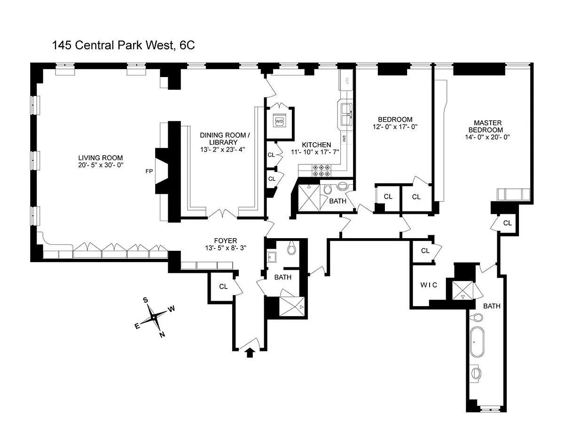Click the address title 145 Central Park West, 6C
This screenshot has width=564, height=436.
point(123,46)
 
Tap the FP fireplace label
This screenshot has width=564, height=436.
point(148,171)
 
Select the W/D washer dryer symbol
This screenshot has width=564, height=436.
point(280,121)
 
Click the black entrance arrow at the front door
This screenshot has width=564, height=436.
point(250,352)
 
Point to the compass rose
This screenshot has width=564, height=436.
point(154,317)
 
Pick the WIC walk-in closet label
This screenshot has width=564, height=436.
point(429,285)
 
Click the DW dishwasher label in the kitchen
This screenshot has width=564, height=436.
point(344,140)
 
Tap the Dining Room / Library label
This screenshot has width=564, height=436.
point(223,139)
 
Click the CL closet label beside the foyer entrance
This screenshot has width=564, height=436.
point(223,286)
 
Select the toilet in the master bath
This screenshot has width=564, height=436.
point(478,317)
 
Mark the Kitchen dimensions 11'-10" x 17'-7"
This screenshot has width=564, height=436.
point(317,152)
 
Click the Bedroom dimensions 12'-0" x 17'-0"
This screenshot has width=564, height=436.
point(395,127)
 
